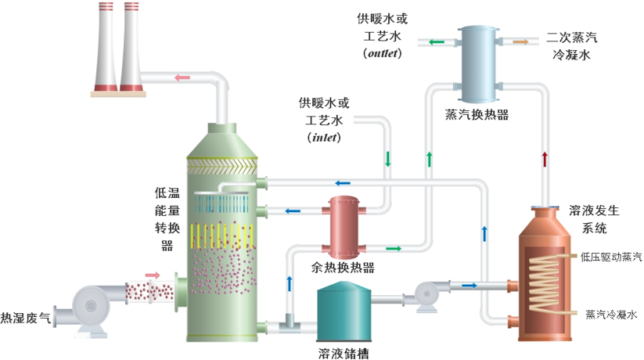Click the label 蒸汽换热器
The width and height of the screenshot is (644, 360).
coord(477,115)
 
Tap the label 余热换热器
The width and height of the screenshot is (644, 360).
coord(343,268)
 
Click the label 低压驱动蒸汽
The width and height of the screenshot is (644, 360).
coord(611,256)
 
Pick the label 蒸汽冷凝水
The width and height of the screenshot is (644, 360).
coord(611,315)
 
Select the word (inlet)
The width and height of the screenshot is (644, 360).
coord(324,138)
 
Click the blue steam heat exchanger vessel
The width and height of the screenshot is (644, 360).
coord(477,64)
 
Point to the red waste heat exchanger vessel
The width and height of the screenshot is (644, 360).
coord(342,227)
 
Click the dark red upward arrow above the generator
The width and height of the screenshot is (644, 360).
coord(545,159)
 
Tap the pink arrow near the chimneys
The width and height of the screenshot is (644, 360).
coord(182,77)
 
